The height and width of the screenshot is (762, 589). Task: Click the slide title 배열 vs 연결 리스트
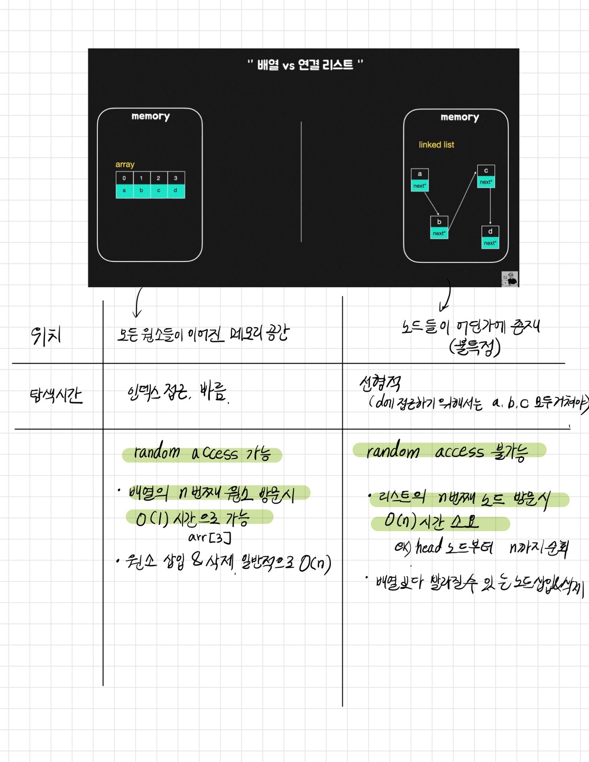click(305, 65)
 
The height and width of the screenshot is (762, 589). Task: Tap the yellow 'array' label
click(125, 165)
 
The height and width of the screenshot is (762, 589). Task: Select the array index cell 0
click(124, 178)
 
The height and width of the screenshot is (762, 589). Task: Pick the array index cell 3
click(176, 178)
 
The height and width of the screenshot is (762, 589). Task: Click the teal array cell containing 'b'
click(141, 190)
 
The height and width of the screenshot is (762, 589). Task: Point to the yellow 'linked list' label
click(436, 145)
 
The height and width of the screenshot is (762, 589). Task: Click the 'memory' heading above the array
click(151, 116)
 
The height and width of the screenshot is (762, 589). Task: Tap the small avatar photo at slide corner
click(510, 279)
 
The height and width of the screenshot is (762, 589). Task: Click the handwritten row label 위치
click(46, 335)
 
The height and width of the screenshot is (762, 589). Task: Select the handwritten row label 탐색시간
click(56, 395)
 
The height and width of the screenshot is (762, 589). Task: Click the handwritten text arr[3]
click(209, 538)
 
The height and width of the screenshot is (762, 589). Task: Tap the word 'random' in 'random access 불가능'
click(393, 451)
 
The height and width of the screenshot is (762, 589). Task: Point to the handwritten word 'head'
click(429, 547)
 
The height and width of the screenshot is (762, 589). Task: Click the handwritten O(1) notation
click(152, 519)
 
